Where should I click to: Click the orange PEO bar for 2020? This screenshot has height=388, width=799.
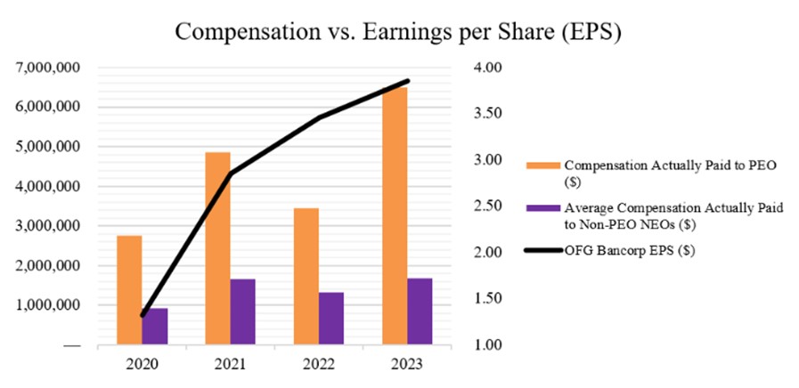(x=129, y=289)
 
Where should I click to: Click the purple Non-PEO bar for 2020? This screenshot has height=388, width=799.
(x=155, y=326)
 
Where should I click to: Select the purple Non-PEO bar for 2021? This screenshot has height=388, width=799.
(x=242, y=311)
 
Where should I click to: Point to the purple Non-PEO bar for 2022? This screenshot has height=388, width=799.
(x=330, y=318)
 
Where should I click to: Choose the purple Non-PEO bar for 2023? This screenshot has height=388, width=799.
(x=420, y=311)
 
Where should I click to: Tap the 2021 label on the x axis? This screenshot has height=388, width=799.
(x=230, y=364)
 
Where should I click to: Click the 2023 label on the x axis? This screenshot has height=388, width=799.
(x=407, y=364)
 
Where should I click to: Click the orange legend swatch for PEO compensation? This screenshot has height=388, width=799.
(x=549, y=166)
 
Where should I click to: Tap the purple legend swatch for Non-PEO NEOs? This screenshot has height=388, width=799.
(x=549, y=207)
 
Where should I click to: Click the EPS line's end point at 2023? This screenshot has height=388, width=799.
(x=407, y=81)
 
